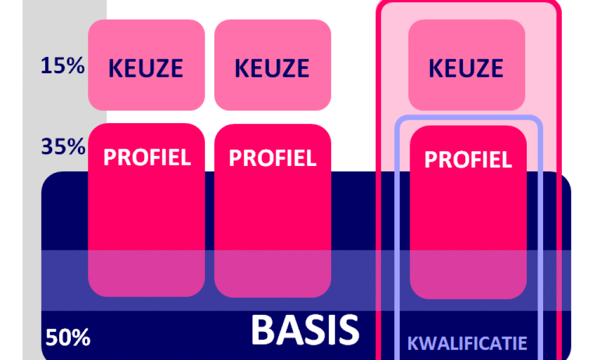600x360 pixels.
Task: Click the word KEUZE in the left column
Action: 146,68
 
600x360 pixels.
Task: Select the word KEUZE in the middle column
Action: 272,68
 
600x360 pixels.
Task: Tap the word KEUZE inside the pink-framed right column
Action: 466,68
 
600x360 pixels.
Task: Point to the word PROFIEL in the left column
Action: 147,157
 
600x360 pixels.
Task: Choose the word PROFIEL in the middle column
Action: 272,158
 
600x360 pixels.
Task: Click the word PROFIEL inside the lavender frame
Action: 468,159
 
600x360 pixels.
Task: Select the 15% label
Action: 63,66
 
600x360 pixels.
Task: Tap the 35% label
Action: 63,146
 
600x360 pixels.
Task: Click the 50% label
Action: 67,338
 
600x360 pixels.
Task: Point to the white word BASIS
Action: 305,330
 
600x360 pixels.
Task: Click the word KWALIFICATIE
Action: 467,343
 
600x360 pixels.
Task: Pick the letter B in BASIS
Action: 262,330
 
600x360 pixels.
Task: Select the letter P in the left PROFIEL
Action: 110,157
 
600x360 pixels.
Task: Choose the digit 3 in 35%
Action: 47,146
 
